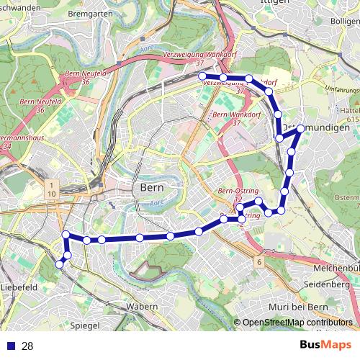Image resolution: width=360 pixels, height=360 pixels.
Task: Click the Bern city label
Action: point(150,187)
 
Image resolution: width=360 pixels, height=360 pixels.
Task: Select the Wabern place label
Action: point(142,307)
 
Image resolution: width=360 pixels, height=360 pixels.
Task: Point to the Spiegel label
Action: point(86,325)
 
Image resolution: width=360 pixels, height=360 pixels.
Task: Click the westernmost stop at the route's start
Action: point(202,76)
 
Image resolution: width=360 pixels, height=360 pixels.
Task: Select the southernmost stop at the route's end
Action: point(60,265)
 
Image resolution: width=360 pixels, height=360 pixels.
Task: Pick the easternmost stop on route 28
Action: point(301,129)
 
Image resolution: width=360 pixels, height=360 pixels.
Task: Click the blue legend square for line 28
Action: point(10,346)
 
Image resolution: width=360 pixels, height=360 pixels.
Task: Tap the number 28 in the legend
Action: point(27,346)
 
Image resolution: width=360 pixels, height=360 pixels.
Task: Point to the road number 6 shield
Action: point(258,262)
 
